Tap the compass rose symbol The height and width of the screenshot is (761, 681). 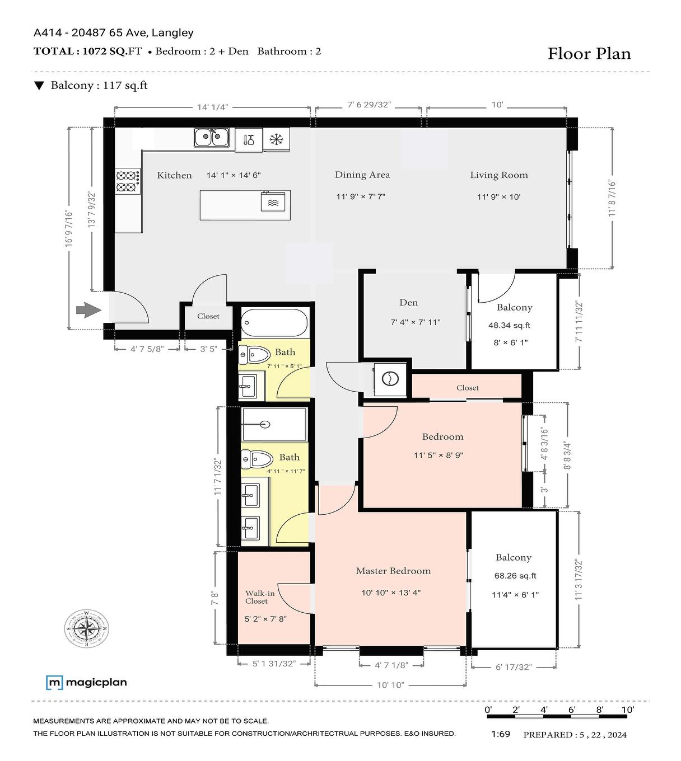87,628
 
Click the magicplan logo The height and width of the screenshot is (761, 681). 86,682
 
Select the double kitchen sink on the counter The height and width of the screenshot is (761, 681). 212,137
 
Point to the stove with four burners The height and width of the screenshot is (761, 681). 128,181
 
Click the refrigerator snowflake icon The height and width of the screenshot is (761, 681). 276,139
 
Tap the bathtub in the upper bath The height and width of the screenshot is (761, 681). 274,323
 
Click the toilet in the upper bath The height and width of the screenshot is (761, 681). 255,354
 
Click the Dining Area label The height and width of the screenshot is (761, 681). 362,175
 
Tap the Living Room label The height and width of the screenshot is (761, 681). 498,175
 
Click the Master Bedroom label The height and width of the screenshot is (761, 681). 393,571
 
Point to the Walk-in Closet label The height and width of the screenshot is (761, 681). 259,597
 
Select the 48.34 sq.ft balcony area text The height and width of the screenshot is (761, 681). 509,325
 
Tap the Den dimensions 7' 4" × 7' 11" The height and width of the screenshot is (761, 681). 415,322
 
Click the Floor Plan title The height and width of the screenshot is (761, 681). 589,54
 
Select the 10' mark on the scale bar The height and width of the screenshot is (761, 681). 627,710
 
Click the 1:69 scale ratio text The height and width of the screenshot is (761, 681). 500,734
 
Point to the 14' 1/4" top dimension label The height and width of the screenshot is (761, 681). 212,107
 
